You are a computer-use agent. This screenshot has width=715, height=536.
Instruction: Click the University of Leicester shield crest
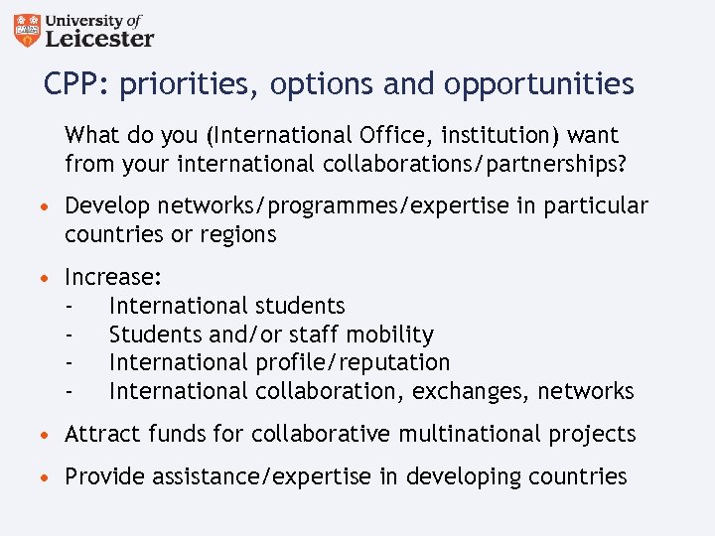coord(30,31)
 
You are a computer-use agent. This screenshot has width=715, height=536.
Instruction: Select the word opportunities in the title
coord(538,85)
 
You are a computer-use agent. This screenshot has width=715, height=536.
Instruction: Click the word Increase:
coord(113,278)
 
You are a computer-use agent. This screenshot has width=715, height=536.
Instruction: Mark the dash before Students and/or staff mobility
coord(70,335)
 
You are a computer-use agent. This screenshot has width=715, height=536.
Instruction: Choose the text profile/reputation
coord(353,363)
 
